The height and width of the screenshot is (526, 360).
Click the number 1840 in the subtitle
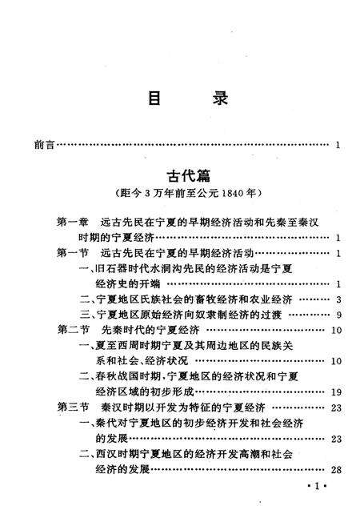[233, 194]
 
